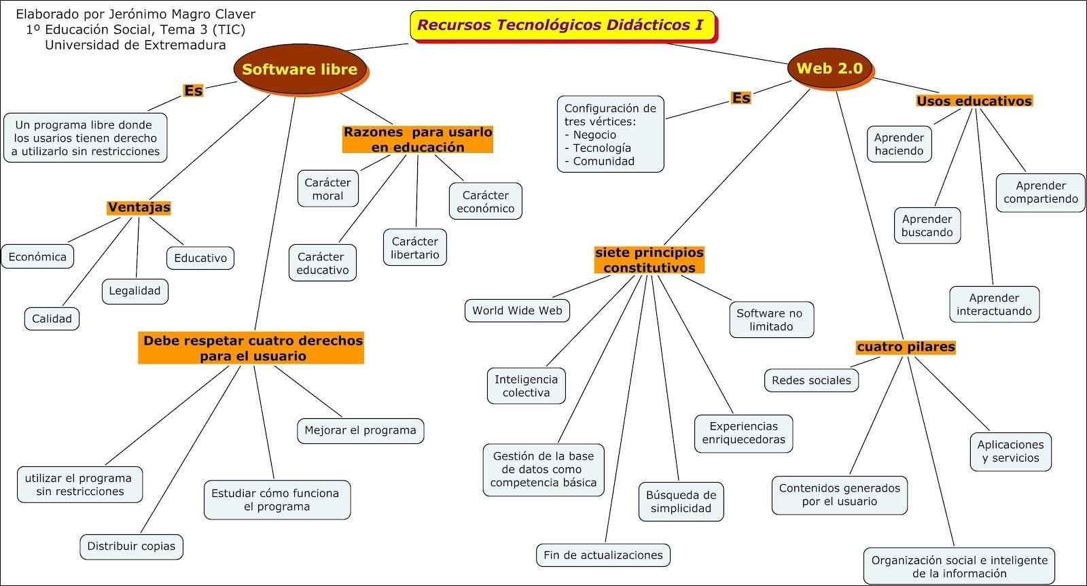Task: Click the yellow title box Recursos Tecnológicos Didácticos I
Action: [561, 25]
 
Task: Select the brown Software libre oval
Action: [300, 69]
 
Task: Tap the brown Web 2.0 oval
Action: [830, 68]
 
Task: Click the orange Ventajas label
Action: [139, 207]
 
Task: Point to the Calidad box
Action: [52, 319]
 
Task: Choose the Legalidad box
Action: [135, 291]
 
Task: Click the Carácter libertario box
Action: [415, 248]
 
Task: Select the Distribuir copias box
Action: [131, 546]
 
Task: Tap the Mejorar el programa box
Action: [360, 430]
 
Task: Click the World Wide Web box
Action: [517, 311]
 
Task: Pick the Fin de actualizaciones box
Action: [603, 555]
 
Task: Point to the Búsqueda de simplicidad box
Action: [681, 502]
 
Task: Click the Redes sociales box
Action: [811, 380]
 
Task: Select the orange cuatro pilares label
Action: [906, 347]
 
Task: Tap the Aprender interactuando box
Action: [994, 305]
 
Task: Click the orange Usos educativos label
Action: [974, 101]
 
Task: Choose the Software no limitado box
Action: [770, 320]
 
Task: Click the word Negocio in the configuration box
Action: [594, 135]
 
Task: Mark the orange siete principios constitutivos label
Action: [649, 260]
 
